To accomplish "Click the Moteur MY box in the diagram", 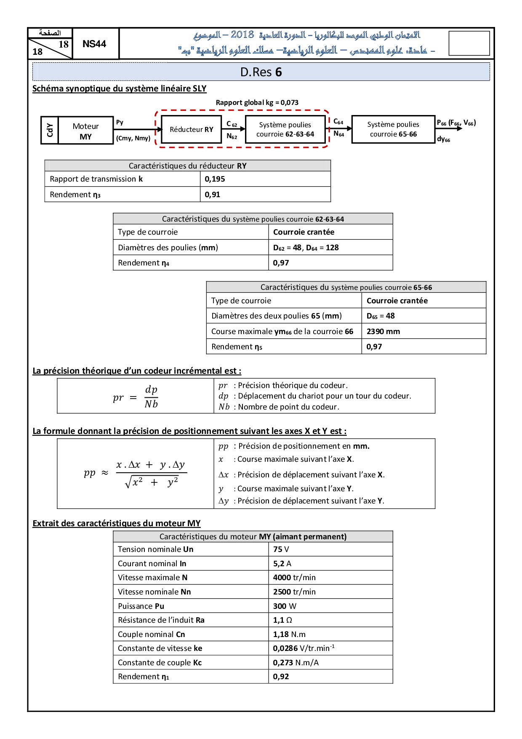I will pyautogui.click(x=85, y=131).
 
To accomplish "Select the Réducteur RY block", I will pyautogui.click(x=192, y=129).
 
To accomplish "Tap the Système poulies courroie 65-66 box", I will pyautogui.click(x=393, y=129).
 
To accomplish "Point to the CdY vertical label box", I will pyautogui.click(x=50, y=131).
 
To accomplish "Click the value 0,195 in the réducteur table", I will pyautogui.click(x=215, y=179).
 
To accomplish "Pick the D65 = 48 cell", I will pyautogui.click(x=381, y=316).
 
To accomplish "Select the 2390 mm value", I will pyautogui.click(x=383, y=332).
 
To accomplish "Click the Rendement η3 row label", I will pyautogui.click(x=75, y=195).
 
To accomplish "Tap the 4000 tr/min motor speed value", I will pyautogui.click(x=294, y=578).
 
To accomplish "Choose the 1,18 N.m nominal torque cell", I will pyautogui.click(x=289, y=635).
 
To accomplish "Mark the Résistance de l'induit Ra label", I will pyautogui.click(x=161, y=620).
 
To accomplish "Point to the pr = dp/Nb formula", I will pyautogui.click(x=136, y=397).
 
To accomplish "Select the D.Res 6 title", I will pyautogui.click(x=261, y=72).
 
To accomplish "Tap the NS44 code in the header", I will pyautogui.click(x=94, y=44).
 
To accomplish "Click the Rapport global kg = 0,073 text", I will pyautogui.click(x=257, y=102).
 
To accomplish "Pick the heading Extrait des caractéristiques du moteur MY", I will pyautogui.click(x=117, y=523).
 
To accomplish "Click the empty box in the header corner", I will pyautogui.click(x=469, y=43).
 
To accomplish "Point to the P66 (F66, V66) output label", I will pyautogui.click(x=456, y=123).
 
